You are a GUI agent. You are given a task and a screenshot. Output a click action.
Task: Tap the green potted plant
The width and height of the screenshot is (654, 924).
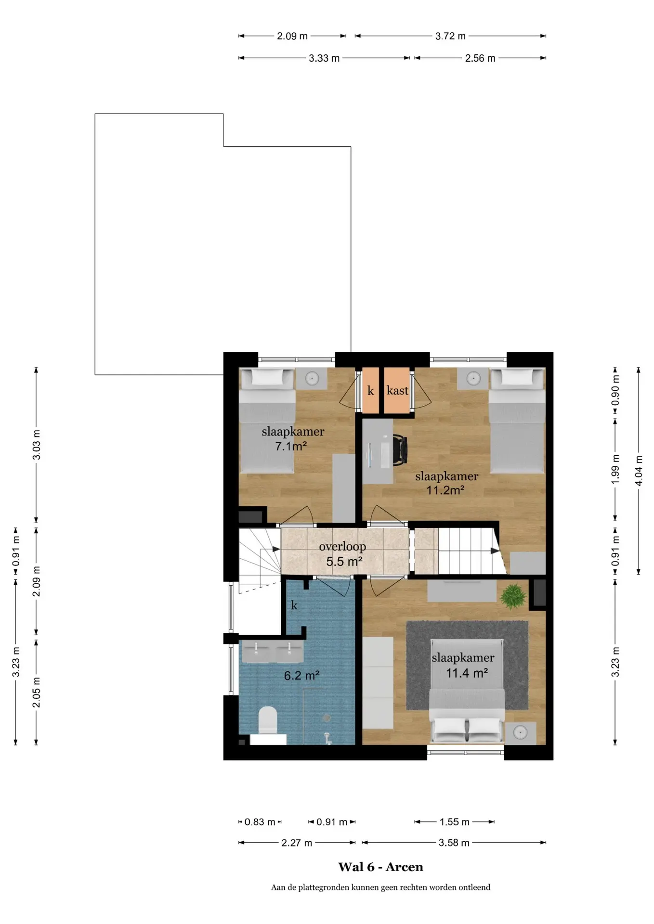(x=513, y=597)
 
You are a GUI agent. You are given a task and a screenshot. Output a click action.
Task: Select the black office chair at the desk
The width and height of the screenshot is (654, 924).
(x=400, y=450)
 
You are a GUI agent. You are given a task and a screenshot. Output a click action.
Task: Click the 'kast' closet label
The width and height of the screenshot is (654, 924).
(x=397, y=390)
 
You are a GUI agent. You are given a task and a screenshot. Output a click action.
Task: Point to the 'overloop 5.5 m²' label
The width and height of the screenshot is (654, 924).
(x=343, y=554)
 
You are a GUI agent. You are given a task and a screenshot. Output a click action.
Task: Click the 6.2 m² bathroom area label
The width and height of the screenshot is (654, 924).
(x=302, y=676)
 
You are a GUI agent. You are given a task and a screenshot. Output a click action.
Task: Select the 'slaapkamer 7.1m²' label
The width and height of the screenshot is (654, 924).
(x=293, y=438)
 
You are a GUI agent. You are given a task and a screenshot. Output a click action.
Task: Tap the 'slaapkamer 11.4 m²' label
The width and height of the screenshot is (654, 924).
(x=463, y=665)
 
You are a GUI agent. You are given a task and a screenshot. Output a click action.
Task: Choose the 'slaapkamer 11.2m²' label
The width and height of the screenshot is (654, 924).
(x=446, y=483)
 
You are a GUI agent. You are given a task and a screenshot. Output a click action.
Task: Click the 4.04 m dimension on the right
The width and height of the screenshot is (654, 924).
(x=639, y=471)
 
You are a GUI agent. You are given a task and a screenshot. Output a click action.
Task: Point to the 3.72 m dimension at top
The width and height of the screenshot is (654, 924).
(x=450, y=36)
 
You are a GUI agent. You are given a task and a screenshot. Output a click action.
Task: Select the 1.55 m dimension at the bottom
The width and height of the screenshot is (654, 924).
(x=455, y=822)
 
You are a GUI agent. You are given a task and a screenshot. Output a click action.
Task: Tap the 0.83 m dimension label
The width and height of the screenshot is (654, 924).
(x=260, y=822)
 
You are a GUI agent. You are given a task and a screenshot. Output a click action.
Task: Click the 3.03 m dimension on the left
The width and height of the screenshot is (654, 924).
(x=36, y=445)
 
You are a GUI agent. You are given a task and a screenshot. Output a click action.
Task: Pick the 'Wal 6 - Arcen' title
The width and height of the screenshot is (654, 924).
(x=380, y=867)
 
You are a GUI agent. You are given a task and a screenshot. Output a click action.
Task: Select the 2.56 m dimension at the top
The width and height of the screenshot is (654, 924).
(x=480, y=58)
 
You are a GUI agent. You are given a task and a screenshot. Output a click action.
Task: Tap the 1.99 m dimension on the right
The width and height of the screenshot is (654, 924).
(x=615, y=470)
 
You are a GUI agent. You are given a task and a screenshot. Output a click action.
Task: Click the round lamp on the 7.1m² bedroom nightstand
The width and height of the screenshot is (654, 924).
(x=312, y=378)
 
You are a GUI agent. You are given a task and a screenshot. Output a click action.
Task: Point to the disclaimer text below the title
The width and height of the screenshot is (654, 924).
(x=380, y=887)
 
